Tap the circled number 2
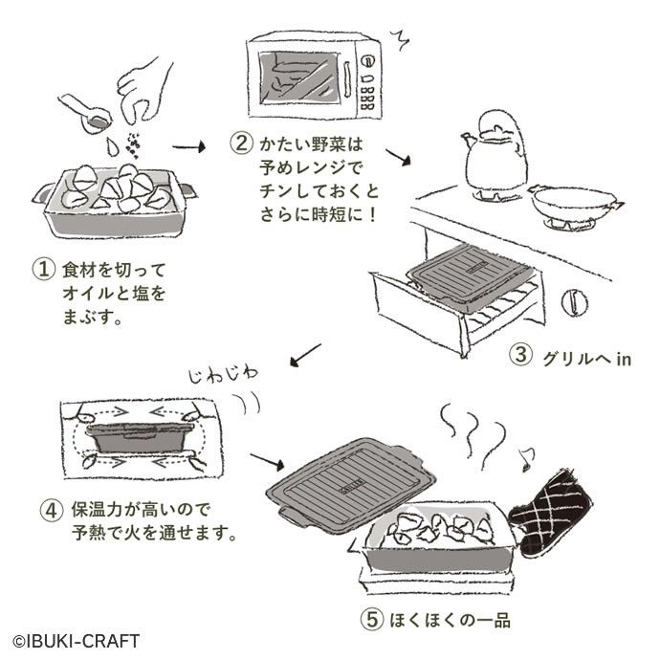(242, 144)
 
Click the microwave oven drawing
(313, 76)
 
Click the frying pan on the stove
(572, 202)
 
